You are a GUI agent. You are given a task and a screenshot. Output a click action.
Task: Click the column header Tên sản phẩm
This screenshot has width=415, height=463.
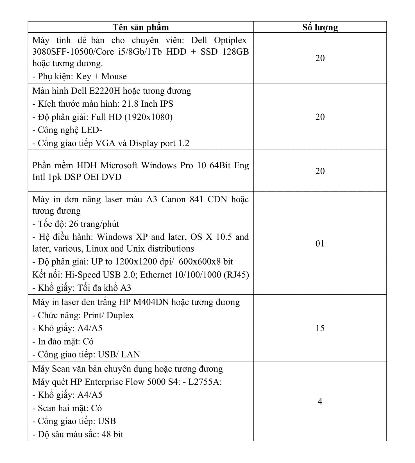pos(141,27)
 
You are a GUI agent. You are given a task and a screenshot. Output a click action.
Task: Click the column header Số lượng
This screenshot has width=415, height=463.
pos(320,27)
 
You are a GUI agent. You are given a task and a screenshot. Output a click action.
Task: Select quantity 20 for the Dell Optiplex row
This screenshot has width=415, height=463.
pos(320,58)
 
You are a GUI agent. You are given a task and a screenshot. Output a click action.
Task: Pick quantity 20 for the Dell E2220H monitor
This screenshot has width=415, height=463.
pos(320,117)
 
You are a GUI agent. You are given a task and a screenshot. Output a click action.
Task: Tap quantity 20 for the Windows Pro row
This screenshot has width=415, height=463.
pos(320,171)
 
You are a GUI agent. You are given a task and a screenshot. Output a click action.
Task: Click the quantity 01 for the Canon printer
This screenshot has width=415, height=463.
pos(320,243)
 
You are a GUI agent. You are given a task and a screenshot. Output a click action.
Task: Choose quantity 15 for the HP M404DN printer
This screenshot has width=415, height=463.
pos(320,328)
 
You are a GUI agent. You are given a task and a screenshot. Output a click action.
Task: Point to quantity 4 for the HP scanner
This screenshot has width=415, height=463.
pos(320,401)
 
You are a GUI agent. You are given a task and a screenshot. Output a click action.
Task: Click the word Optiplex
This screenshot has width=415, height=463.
pos(230,41)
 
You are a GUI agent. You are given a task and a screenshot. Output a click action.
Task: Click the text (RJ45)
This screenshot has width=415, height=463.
pos(236,275)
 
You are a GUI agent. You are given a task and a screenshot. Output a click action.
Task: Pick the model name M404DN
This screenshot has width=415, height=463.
pos(151,302)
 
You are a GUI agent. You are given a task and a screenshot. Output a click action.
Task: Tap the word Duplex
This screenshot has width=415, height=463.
pos(120,315)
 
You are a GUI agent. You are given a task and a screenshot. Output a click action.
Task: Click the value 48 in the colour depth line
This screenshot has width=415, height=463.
pos(106,434)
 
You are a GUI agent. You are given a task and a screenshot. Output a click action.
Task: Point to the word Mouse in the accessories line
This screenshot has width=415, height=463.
pos(114,76)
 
